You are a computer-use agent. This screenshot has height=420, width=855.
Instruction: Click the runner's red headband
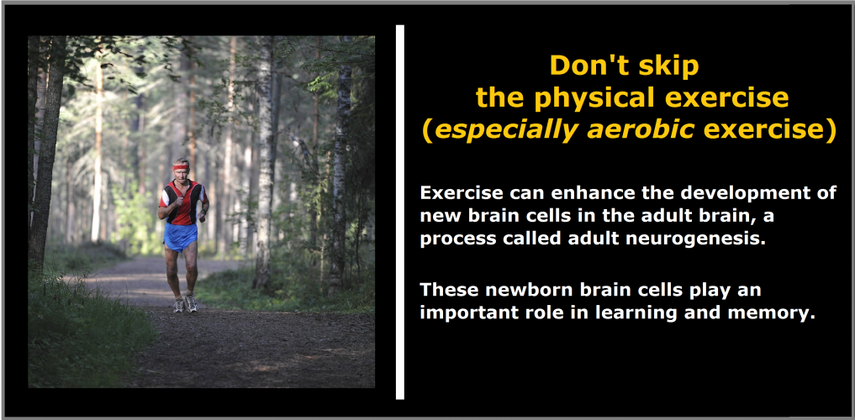coord(181,166)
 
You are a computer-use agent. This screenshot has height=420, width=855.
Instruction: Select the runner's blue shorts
coord(180,236)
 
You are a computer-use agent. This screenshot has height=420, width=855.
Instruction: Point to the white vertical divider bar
coord(400,212)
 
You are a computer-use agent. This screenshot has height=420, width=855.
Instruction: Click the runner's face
coord(181,174)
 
